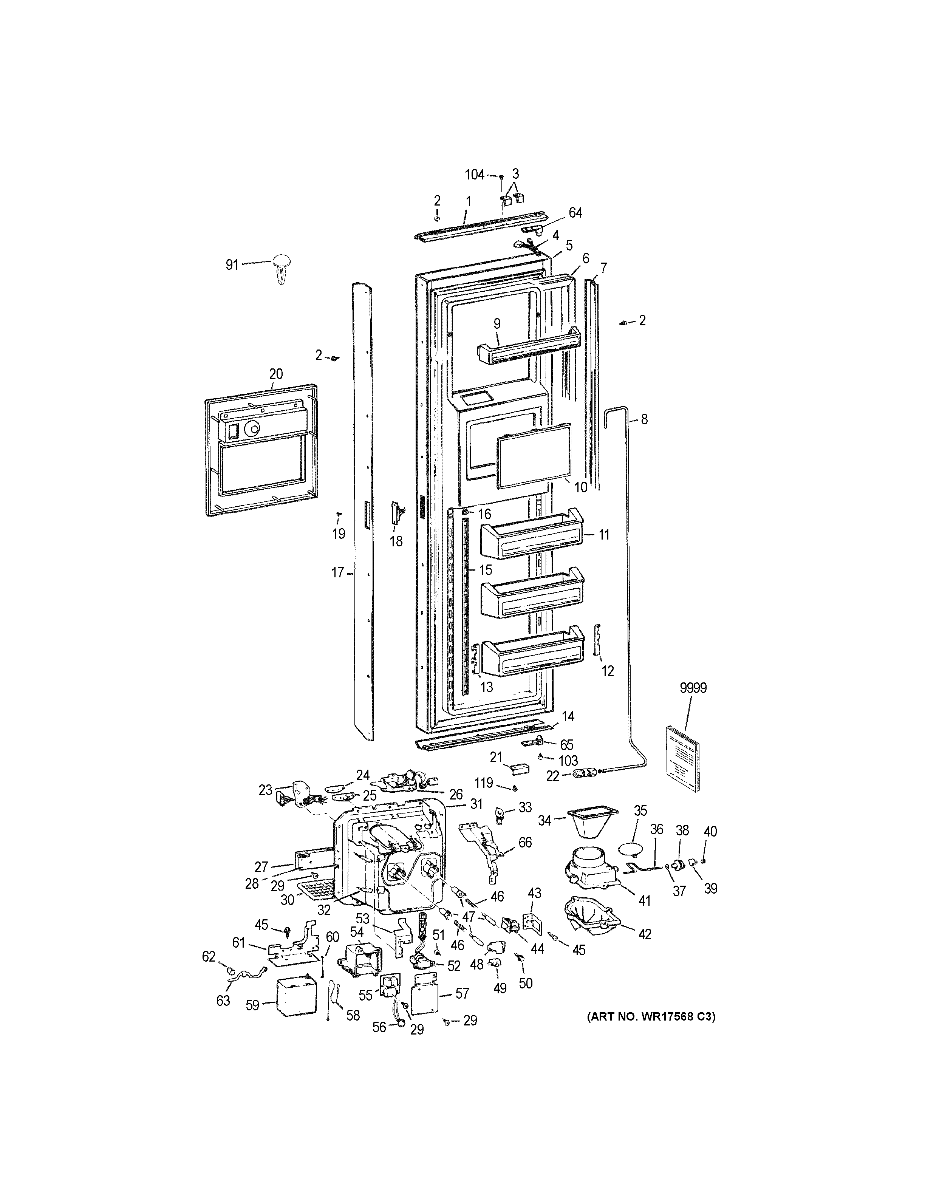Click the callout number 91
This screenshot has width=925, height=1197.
[x=232, y=265]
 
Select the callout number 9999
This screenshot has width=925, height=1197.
[x=693, y=688]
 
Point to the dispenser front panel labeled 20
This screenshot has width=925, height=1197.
[x=260, y=449]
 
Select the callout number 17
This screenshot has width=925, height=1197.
[x=337, y=573]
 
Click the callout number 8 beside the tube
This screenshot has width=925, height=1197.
[x=644, y=419]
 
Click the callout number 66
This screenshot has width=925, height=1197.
[x=525, y=842]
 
